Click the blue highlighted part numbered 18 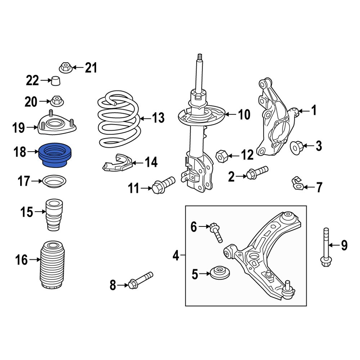pyautogui.click(x=56, y=156)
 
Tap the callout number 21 pyautogui.click(x=91, y=67)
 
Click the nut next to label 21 pyautogui.click(x=64, y=67)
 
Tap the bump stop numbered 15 pyautogui.click(x=53, y=215)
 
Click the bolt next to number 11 pyautogui.click(x=163, y=184)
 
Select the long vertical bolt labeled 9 pyautogui.click(x=325, y=248)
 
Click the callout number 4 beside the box pyautogui.click(x=176, y=256)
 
